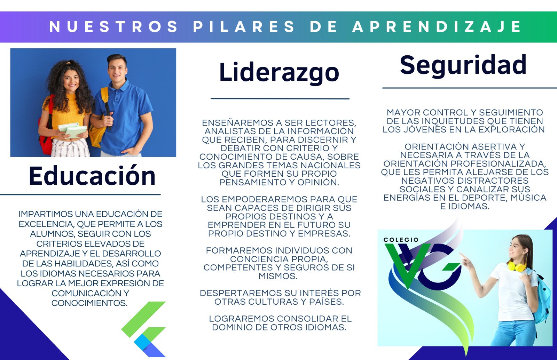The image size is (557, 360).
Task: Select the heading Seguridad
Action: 463,65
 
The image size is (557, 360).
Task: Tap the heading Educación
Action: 92,175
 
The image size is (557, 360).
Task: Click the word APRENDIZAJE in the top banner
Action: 437,26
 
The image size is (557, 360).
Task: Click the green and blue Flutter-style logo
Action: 143,329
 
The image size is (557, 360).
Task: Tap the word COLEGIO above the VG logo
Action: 401,240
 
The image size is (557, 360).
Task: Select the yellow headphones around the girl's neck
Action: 517,266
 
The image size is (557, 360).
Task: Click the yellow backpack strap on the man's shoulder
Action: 105,99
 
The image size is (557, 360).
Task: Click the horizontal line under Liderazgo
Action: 280,99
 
